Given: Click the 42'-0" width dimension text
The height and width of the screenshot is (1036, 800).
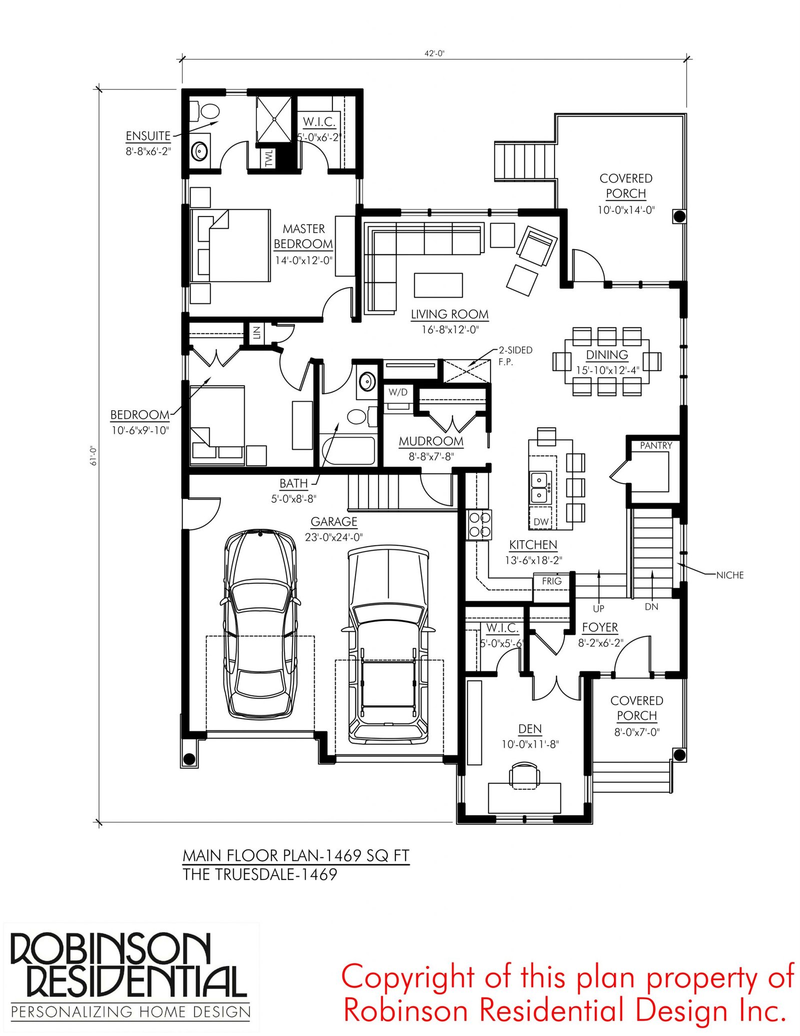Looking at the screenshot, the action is click(x=434, y=54).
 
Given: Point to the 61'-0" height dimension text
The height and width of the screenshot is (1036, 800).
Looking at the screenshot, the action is click(x=93, y=456).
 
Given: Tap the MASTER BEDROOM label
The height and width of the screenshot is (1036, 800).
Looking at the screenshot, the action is click(x=303, y=237).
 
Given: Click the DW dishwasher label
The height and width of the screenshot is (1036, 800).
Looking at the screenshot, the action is click(x=540, y=522).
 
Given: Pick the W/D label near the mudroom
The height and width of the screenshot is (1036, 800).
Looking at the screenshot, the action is click(x=398, y=392).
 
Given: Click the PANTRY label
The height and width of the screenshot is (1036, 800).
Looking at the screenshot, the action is click(x=656, y=445).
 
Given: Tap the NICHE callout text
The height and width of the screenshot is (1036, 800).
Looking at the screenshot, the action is click(x=730, y=575).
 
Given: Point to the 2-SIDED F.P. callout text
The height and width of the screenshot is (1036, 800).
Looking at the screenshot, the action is click(x=515, y=356).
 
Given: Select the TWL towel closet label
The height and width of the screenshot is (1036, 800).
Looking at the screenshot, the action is click(x=269, y=158).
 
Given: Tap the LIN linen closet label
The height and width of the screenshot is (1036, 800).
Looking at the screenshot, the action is click(x=256, y=332).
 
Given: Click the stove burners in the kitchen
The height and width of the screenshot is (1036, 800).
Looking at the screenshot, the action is click(x=479, y=525).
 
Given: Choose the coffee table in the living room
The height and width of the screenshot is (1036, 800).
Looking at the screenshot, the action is click(x=438, y=285).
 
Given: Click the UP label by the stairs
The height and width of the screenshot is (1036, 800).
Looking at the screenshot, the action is click(x=598, y=608).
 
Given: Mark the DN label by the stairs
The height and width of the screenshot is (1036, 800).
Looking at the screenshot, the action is click(x=651, y=607).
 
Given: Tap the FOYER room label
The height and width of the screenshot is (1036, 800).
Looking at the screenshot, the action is click(x=600, y=627).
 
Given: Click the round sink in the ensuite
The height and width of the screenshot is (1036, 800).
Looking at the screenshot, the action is click(x=200, y=151).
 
